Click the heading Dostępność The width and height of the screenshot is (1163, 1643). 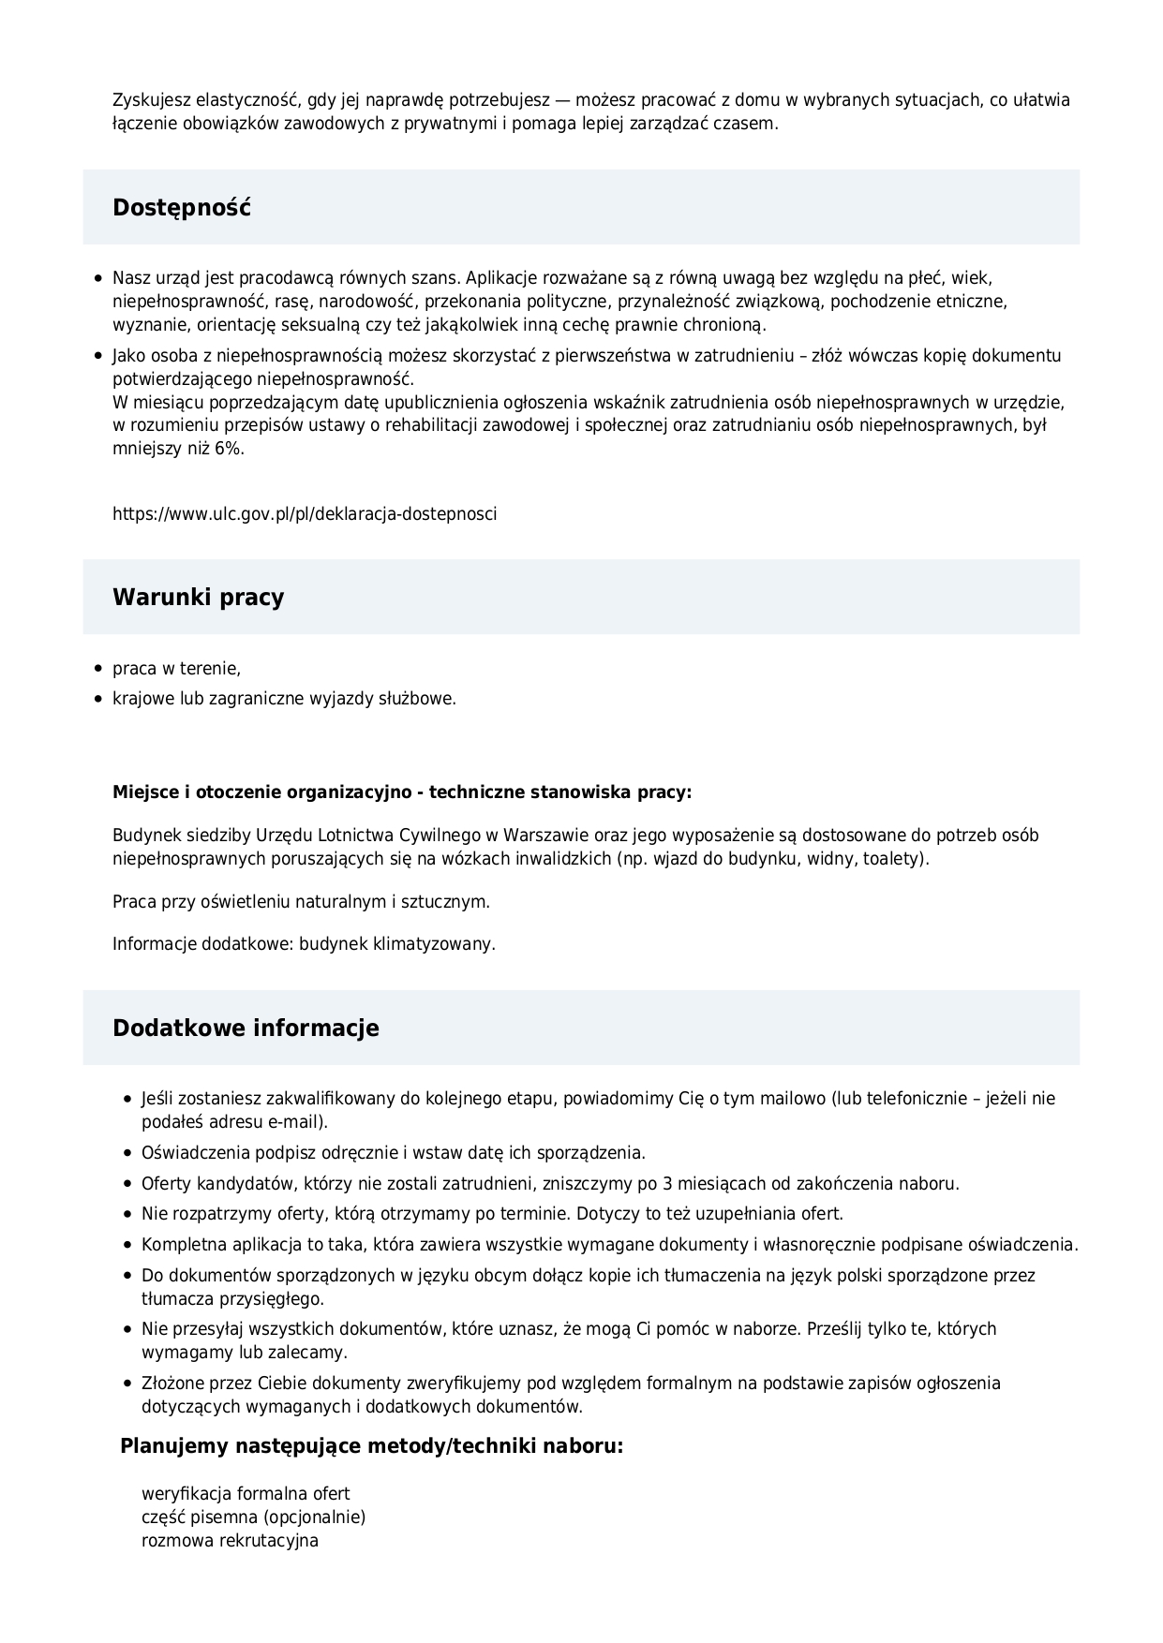click(182, 208)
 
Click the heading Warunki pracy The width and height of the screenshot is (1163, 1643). click(198, 598)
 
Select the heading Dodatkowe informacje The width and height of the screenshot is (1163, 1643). click(246, 1029)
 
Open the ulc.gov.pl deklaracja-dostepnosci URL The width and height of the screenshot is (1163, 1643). click(305, 514)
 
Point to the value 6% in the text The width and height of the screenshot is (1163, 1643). click(229, 449)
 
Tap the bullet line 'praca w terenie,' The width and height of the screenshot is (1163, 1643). click(176, 669)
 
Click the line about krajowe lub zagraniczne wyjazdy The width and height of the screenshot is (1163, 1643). click(284, 699)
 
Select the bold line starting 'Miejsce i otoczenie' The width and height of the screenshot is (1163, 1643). click(402, 792)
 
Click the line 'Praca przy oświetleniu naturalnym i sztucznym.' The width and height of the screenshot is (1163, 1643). click(301, 902)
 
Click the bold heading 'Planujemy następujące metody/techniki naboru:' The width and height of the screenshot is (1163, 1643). click(372, 1446)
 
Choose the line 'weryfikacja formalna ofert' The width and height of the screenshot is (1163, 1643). click(246, 1494)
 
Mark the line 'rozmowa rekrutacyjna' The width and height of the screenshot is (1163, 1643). click(230, 1541)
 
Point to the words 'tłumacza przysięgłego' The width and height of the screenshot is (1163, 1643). click(232, 1299)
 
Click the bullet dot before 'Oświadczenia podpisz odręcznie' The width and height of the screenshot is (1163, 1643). click(127, 1153)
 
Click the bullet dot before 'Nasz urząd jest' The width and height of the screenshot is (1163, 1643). click(98, 279)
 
